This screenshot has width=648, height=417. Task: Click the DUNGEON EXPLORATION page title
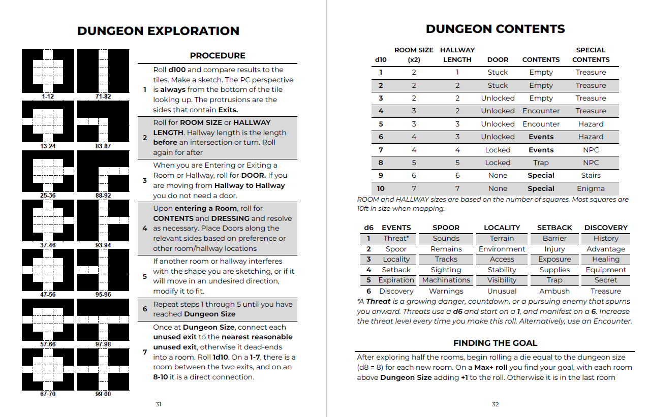point(158,31)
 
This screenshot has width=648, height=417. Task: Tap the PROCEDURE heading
point(218,55)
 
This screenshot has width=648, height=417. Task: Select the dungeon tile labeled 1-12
point(48,71)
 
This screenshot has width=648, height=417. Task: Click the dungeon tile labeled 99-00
point(103,369)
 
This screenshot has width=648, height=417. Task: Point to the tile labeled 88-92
point(103,171)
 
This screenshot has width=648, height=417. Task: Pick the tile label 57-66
point(48,344)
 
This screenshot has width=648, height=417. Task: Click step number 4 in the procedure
point(145,228)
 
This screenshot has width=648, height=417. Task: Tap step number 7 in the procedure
point(145,352)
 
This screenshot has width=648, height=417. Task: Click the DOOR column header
point(498,59)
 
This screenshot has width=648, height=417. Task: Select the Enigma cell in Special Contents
point(591,188)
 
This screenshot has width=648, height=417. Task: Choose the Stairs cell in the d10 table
point(591,175)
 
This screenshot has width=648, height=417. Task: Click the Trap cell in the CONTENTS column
point(541,163)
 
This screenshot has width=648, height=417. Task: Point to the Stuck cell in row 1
point(498,72)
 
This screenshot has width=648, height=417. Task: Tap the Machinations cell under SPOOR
point(446,280)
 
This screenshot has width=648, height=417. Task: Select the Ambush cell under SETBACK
point(554,291)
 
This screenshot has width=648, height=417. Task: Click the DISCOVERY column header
point(606,228)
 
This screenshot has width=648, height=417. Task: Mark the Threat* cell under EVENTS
point(396,238)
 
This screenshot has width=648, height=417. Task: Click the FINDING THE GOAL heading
point(495,343)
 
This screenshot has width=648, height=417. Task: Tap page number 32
point(495,404)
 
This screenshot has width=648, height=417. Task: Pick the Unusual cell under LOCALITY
point(502,291)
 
